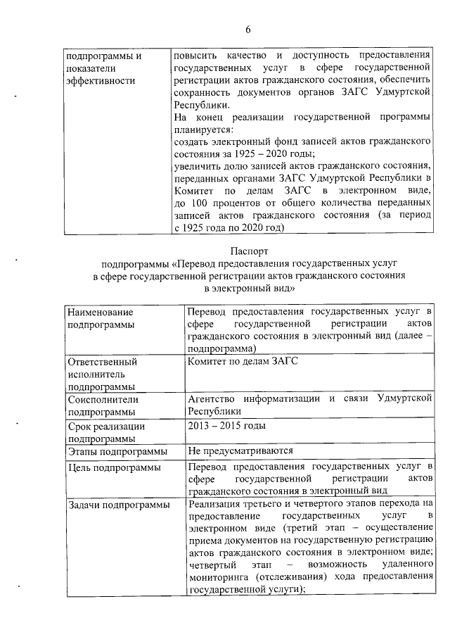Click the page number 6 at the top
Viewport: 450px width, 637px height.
tap(248, 30)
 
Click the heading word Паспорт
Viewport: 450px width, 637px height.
tap(248, 250)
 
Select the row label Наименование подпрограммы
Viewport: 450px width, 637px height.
tap(100, 318)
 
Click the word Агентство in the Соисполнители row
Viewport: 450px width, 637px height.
tap(214, 399)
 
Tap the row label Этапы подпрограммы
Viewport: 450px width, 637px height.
tap(117, 451)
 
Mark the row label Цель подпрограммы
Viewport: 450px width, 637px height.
tap(111, 467)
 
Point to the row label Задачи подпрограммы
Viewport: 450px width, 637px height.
tap(117, 505)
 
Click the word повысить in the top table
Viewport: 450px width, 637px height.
tap(195, 55)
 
